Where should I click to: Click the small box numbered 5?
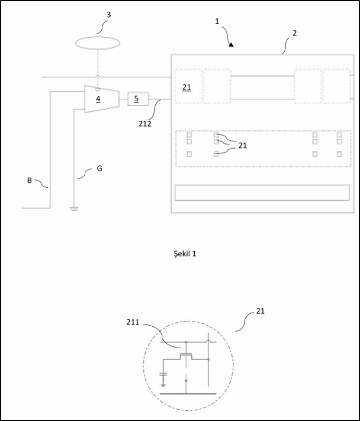click(x=137, y=99)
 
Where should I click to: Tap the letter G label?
click(x=99, y=169)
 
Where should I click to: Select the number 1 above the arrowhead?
click(x=217, y=21)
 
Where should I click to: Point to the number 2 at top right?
click(x=294, y=34)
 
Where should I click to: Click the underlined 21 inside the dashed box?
click(x=187, y=87)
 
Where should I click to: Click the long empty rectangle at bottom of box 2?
click(x=262, y=193)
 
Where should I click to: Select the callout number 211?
click(x=134, y=322)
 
